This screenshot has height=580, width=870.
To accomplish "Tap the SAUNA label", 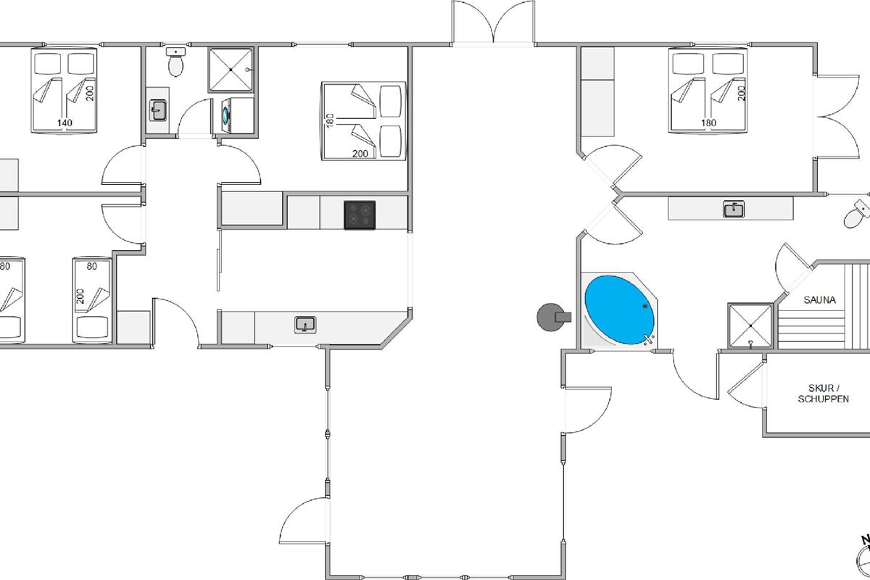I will [819, 299].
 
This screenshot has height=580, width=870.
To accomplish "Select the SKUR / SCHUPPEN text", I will [823, 393].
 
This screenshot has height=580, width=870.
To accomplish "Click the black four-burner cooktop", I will [360, 215].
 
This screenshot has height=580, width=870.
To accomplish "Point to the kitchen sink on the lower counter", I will [305, 324].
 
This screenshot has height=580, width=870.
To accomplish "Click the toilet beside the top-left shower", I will [175, 63].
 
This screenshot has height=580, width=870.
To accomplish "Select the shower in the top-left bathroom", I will [231, 70].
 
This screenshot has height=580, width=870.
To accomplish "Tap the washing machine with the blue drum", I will [226, 115].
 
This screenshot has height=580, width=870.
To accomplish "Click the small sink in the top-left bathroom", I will [159, 110].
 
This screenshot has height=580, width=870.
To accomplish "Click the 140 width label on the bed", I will [65, 123].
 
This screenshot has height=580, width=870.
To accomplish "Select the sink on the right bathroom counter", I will [734, 210].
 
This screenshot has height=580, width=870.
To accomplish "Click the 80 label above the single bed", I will [91, 266].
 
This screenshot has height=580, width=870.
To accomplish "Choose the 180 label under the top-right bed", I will [708, 123].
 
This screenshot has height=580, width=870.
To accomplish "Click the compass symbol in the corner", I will [862, 558].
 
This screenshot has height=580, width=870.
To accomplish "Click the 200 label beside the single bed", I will [80, 296].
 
